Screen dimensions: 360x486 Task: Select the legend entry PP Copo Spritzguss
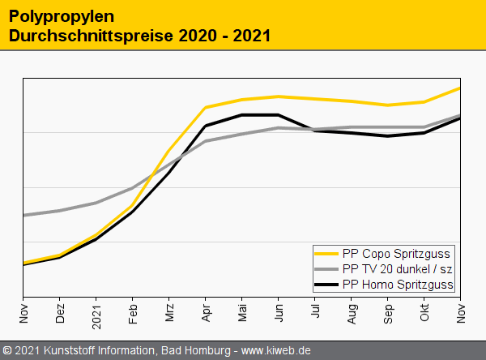[396, 253]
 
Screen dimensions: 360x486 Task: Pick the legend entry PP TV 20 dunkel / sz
[397, 268]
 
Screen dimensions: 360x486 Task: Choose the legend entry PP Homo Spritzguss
[398, 284]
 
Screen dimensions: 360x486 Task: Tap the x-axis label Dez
[60, 311]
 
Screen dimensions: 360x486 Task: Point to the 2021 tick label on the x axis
[96, 313]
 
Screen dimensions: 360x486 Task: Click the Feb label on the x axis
[133, 311]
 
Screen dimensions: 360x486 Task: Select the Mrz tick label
[169, 311]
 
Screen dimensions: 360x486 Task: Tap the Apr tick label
[206, 311]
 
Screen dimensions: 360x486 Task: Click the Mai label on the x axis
[242, 311]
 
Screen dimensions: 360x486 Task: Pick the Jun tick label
[279, 311]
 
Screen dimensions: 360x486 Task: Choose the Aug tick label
[352, 311]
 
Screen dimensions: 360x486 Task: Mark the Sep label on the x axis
[388, 311]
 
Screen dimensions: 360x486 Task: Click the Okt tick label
[424, 310]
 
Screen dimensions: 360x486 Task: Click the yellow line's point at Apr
[206, 107]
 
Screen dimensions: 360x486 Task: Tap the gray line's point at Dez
[60, 211]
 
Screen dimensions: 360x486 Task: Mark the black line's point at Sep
[388, 136]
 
